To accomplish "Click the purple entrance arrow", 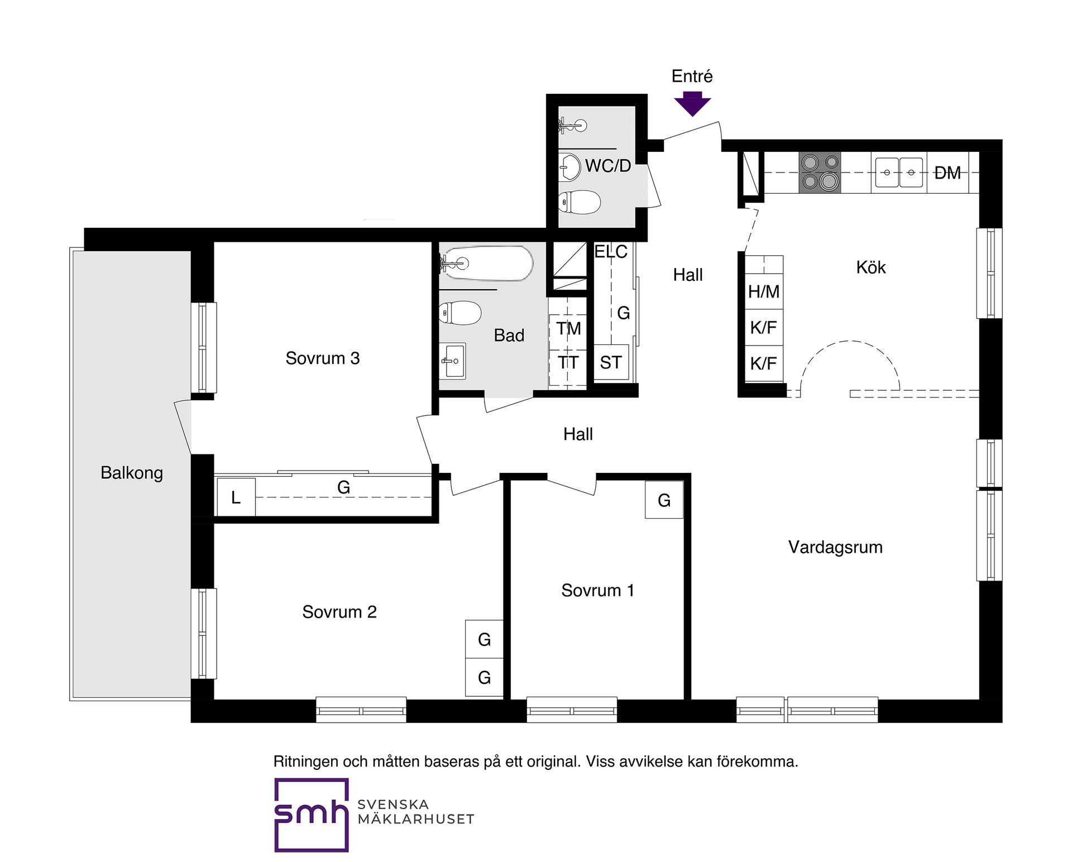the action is point(692,104).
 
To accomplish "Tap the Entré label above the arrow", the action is point(692,76).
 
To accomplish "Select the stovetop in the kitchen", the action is point(820,173).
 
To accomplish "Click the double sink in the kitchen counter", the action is point(899,173).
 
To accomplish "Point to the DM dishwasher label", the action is point(947,173).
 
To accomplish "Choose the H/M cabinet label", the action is point(764,291).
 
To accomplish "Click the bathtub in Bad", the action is point(487,262).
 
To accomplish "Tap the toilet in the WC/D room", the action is point(580,202).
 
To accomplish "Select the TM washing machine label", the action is point(568,329).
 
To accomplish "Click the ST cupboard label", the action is point(610,362).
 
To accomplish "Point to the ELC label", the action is point(611,252).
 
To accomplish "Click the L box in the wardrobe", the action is point(236,497).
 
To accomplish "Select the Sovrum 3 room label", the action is point(323,358).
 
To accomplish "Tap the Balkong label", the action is point(132,473).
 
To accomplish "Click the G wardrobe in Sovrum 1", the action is point(664,500).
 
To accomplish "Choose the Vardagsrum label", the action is point(835,547).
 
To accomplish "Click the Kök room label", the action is point(871,267).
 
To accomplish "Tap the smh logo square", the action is point(312,815).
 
